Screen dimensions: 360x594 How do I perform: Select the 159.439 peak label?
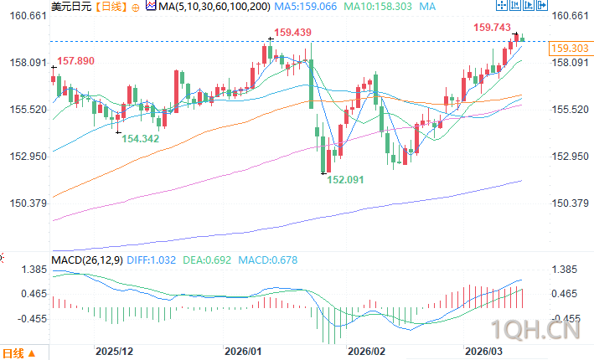(292, 33)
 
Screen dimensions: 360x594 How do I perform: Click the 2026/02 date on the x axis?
(364, 352)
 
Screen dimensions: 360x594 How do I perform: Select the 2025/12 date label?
(116, 352)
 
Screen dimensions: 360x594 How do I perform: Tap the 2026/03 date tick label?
(483, 352)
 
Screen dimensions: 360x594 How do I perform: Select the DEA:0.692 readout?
(206, 260)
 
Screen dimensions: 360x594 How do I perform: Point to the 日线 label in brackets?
(111, 7)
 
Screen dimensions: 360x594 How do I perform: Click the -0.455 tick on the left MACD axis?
(30, 318)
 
